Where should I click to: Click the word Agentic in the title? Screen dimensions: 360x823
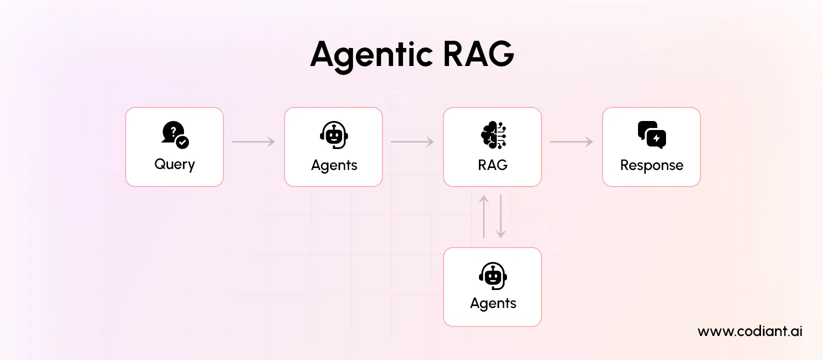point(371,54)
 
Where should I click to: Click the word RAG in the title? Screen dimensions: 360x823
point(478,53)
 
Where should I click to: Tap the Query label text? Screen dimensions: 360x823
point(174,164)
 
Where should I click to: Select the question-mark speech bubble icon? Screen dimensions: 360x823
point(172,132)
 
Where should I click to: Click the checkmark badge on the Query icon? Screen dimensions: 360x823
point(183,142)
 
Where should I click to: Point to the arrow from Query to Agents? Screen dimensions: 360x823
point(253,142)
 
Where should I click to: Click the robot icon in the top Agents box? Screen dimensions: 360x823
point(333,135)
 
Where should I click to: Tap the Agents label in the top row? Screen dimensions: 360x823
point(334,165)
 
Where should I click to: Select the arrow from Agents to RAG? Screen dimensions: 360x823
point(412,142)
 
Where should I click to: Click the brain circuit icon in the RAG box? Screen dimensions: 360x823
point(493,135)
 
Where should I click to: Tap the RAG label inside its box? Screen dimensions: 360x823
point(492,165)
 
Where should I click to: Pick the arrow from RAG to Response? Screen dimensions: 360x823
point(571,142)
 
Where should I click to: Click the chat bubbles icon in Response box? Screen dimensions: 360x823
point(651,134)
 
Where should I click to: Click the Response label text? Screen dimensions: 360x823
point(651,165)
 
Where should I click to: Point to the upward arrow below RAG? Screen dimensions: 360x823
point(483,216)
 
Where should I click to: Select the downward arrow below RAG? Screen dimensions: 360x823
point(500,216)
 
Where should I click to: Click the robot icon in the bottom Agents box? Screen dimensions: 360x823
point(493,276)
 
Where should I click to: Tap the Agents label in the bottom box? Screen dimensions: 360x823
point(493,303)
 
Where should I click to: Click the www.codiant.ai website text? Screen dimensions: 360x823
point(749,331)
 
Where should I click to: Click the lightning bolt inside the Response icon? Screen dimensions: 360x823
point(656,138)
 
